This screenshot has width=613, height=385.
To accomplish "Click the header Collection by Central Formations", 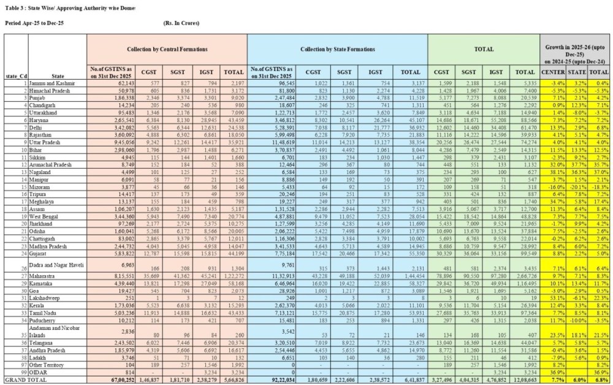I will pos(167,48).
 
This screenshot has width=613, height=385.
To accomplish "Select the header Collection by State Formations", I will pos(338,48).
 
